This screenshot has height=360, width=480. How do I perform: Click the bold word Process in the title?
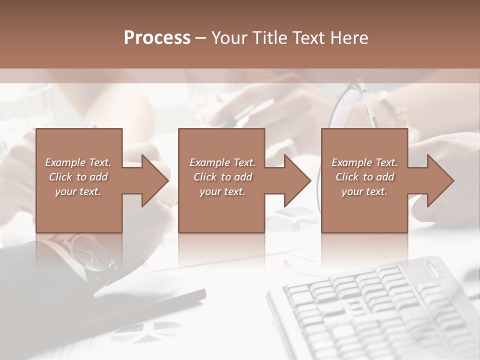157,37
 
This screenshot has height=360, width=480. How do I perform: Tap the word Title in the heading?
268,37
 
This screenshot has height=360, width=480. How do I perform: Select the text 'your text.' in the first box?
78,191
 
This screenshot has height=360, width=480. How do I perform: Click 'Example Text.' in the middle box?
222,162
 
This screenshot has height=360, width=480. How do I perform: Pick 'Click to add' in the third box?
365,177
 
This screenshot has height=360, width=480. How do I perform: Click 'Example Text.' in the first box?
78,162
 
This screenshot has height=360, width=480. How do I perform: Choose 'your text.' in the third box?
364,191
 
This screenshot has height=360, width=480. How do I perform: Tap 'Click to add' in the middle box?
222,177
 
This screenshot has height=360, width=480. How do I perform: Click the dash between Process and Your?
200,37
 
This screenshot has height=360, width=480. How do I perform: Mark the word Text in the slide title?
310,37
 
